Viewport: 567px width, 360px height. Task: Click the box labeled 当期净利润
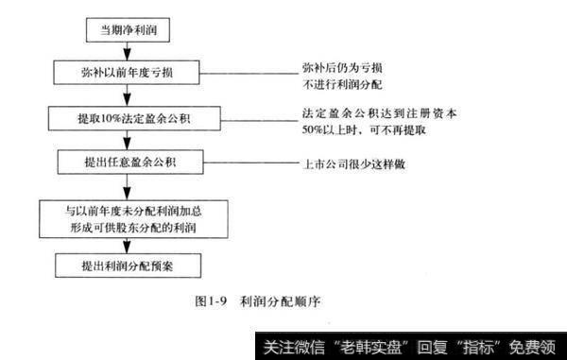click(129, 32)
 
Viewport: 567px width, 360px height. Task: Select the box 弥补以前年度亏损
click(129, 73)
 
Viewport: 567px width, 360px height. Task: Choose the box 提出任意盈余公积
click(129, 162)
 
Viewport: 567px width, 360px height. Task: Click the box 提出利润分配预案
click(129, 266)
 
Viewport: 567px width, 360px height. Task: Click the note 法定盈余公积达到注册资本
click(374, 111)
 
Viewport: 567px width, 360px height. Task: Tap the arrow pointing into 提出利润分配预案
click(129, 247)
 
